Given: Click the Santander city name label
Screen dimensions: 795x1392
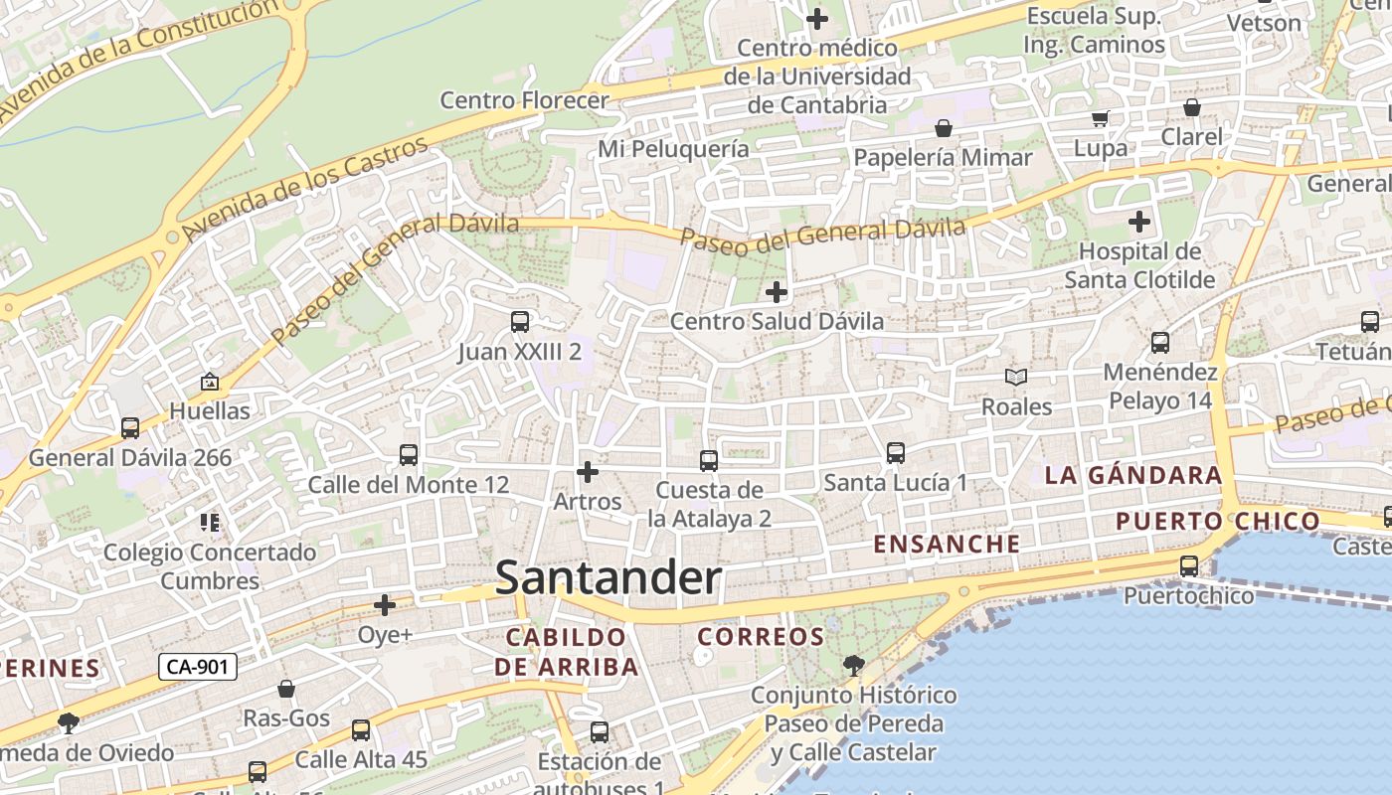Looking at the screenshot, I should (608, 578).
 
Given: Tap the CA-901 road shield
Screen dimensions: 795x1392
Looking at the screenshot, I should (198, 667).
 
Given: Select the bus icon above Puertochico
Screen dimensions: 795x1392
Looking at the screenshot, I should (1189, 566).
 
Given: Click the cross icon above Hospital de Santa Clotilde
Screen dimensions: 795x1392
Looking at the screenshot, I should (1139, 222).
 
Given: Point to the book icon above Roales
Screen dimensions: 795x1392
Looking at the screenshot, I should (1016, 378).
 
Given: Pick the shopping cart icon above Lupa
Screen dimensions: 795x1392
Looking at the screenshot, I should (1101, 119).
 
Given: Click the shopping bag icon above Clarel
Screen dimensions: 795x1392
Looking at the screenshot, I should (1191, 107).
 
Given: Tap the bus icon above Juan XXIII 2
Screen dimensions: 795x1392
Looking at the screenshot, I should (519, 322).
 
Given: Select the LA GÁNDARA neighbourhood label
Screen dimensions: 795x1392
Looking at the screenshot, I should (1133, 475).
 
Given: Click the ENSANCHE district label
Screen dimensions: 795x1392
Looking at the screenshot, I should (947, 544).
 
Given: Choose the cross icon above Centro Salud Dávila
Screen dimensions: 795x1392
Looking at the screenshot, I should (777, 292).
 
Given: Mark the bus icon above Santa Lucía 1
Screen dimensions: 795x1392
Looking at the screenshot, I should (895, 453).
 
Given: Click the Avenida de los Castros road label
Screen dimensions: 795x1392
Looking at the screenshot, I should (306, 189).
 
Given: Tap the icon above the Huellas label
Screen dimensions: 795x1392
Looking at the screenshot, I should (210, 382).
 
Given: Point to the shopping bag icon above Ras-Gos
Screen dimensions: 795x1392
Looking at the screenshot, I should (286, 689).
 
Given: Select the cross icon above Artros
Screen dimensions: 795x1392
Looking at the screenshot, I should (588, 471).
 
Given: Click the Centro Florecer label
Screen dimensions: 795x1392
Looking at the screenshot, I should (524, 100).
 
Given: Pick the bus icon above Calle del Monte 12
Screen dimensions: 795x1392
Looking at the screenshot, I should (409, 455).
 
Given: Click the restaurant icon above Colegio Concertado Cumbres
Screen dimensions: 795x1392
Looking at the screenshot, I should (210, 522).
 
